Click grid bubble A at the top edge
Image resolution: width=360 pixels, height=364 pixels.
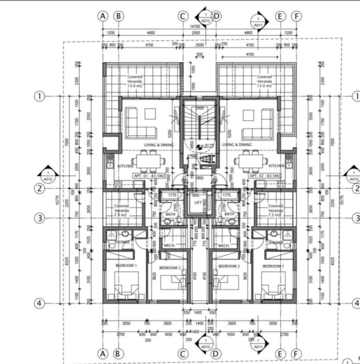pos(103,15)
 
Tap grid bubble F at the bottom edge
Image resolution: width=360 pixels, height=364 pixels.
pos(296,353)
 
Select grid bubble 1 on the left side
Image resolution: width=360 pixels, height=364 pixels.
pos(39,96)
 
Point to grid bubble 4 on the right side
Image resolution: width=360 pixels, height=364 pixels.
pos(356,303)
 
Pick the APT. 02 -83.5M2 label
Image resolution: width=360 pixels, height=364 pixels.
pos(265,175)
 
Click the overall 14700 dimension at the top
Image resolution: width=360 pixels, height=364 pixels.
pos(195,27)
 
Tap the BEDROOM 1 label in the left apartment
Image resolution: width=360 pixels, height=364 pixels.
pos(125,266)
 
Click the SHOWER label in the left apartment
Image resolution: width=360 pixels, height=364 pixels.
pos(122,242)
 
